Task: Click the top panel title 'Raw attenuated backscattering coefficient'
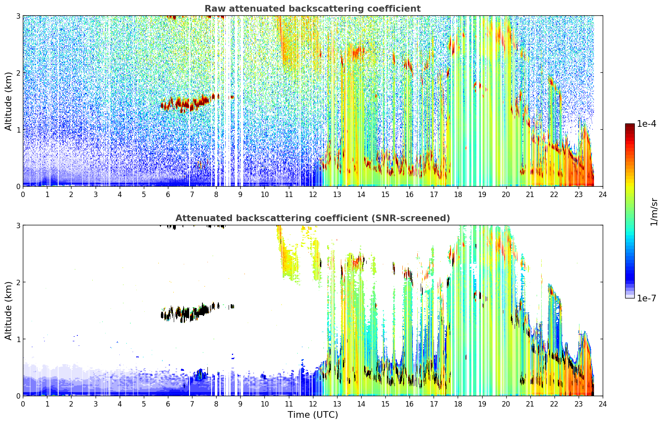(313, 9)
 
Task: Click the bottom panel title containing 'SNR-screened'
(313, 218)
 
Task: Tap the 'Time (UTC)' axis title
(313, 414)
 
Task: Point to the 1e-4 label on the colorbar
(646, 123)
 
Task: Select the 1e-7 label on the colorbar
(646, 298)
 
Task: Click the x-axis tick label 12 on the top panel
(313, 195)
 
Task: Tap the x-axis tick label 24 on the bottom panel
(603, 404)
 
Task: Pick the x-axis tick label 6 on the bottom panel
(168, 404)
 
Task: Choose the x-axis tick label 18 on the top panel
(458, 195)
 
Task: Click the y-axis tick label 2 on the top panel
(18, 73)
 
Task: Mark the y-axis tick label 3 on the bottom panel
(18, 225)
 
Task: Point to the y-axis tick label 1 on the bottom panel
(18, 339)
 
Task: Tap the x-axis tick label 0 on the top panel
(23, 195)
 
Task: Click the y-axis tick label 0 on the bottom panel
(18, 396)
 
